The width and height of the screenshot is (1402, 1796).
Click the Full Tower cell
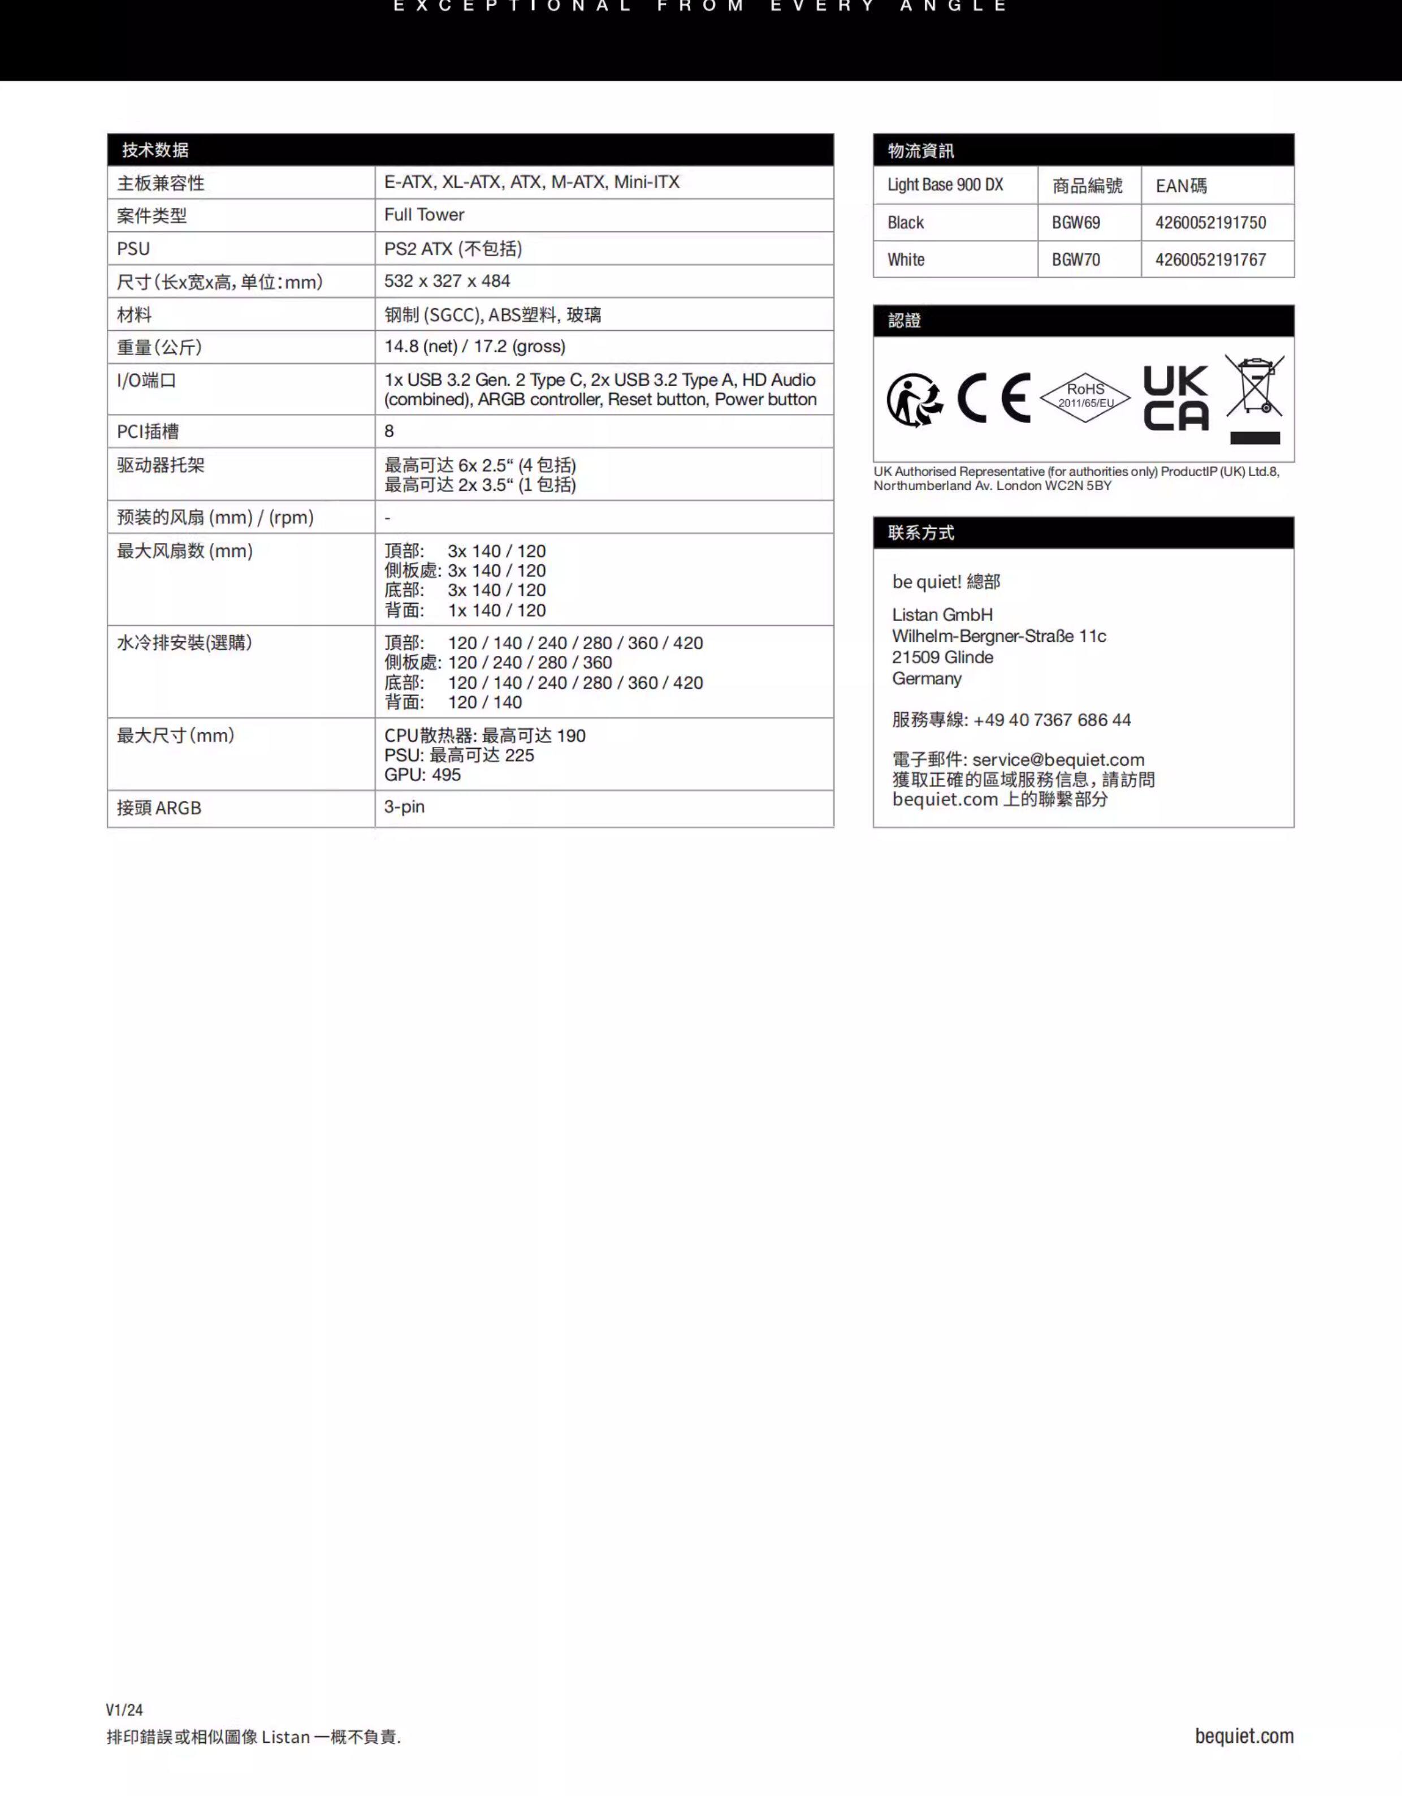pos(425,215)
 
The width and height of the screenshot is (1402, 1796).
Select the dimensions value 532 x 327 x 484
pos(447,281)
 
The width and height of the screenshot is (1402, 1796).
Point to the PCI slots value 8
pos(389,431)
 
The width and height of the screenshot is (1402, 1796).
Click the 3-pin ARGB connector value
pos(405,807)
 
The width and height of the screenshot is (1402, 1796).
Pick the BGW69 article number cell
pos(1076,223)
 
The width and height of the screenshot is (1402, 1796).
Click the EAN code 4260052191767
pos(1210,260)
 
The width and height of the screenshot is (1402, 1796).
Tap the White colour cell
pos(906,260)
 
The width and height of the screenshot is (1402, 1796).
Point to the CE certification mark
pos(993,398)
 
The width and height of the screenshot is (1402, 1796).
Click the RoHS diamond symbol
pos(1085,397)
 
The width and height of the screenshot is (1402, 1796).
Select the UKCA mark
pos(1176,398)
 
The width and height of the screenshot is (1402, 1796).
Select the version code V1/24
pos(124,1709)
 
